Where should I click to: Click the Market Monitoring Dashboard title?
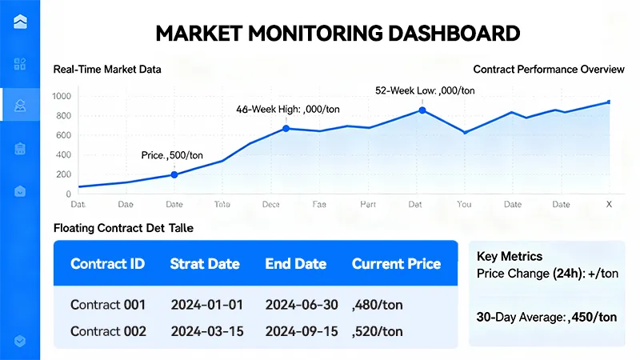(x=337, y=33)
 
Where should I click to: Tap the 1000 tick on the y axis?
(x=62, y=97)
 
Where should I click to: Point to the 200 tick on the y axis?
(x=62, y=174)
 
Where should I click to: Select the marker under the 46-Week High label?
(x=286, y=128)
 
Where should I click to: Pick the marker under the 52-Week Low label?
(x=422, y=110)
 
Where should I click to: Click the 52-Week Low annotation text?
(x=425, y=90)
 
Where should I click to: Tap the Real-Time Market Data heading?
(x=107, y=70)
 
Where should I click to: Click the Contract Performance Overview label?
(x=548, y=70)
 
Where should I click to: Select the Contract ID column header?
(x=107, y=264)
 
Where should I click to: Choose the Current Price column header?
(x=396, y=264)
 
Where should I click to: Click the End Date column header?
(x=296, y=264)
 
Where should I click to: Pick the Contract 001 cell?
(x=107, y=305)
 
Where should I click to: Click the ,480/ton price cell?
(x=378, y=305)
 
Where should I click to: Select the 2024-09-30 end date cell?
(x=302, y=331)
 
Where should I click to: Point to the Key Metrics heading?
(x=510, y=257)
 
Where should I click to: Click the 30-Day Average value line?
(x=546, y=317)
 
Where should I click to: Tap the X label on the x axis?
(x=609, y=205)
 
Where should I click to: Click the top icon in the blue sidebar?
(x=20, y=22)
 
